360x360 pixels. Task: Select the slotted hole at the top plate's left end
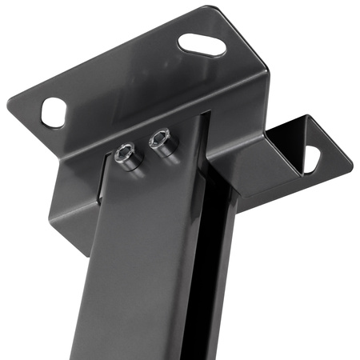(x=53, y=113)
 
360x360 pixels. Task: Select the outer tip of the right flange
(x=349, y=165)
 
